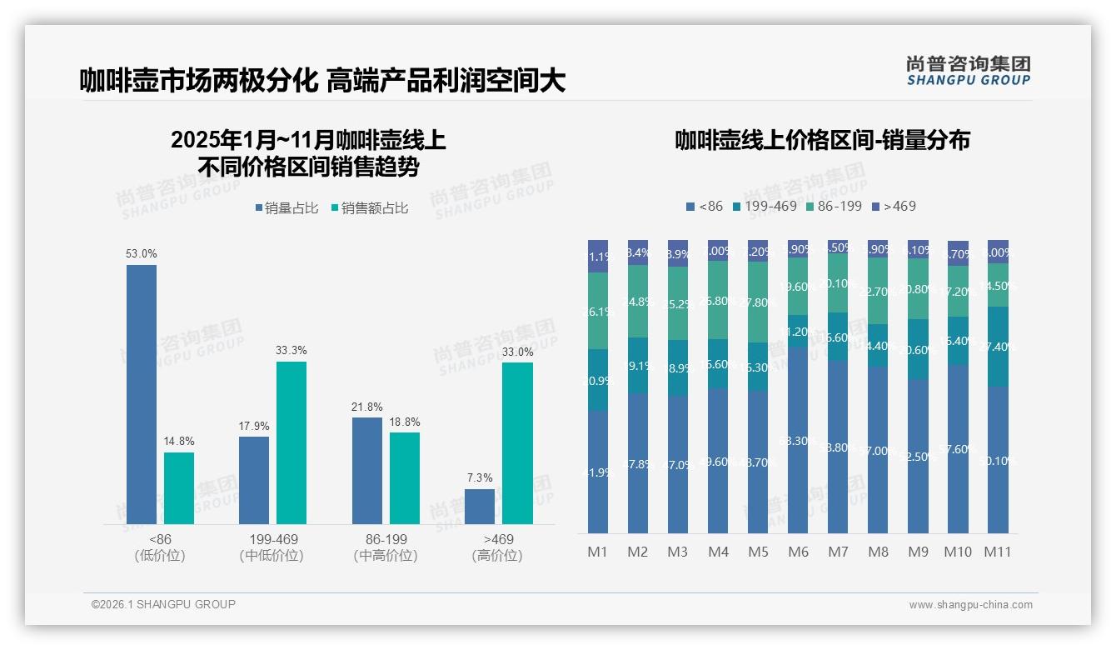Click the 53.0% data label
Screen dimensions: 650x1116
pos(142,253)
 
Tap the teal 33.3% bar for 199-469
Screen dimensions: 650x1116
pos(291,442)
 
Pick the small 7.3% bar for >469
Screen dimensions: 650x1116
pos(480,507)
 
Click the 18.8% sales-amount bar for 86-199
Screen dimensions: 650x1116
pos(405,478)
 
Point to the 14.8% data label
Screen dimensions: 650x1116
pos(179,441)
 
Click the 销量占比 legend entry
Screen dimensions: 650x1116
pos(286,208)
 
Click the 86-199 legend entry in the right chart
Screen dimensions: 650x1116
pos(834,206)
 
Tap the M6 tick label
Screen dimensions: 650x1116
pos(798,552)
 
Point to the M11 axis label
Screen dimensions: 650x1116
pos(998,552)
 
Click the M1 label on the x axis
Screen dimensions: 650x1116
pos(598,552)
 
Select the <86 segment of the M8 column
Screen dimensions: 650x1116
pos(878,450)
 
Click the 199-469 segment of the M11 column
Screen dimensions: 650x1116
pos(998,347)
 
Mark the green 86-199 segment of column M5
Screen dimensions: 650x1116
pos(758,302)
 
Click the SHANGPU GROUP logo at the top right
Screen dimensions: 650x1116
pos(968,71)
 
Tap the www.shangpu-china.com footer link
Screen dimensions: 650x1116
pos(970,605)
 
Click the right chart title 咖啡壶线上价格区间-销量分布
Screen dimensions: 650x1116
pos(822,140)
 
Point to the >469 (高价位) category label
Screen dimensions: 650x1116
pos(497,547)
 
